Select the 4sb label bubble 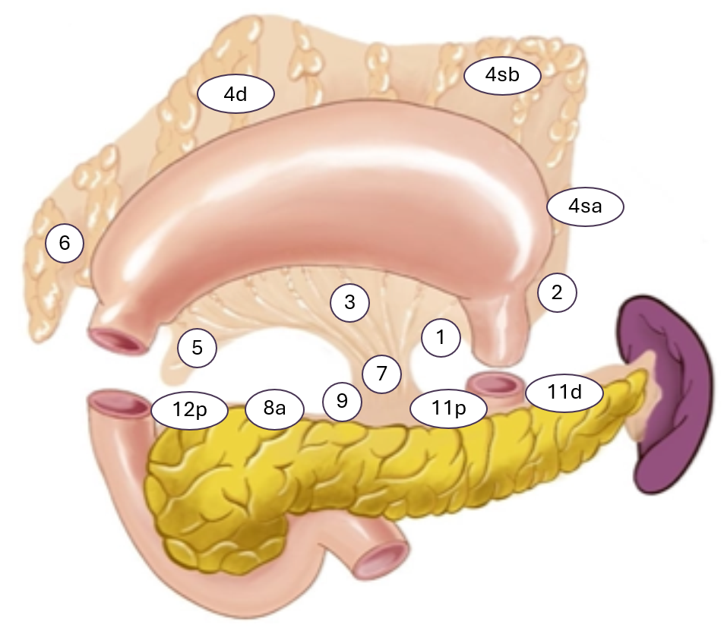501,75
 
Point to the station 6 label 64,244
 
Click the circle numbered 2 557,293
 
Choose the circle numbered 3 349,302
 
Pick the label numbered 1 441,336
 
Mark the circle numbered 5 198,348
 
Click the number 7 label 381,374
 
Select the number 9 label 342,401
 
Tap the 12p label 189,410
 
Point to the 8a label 274,409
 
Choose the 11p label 448,409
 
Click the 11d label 564,392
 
